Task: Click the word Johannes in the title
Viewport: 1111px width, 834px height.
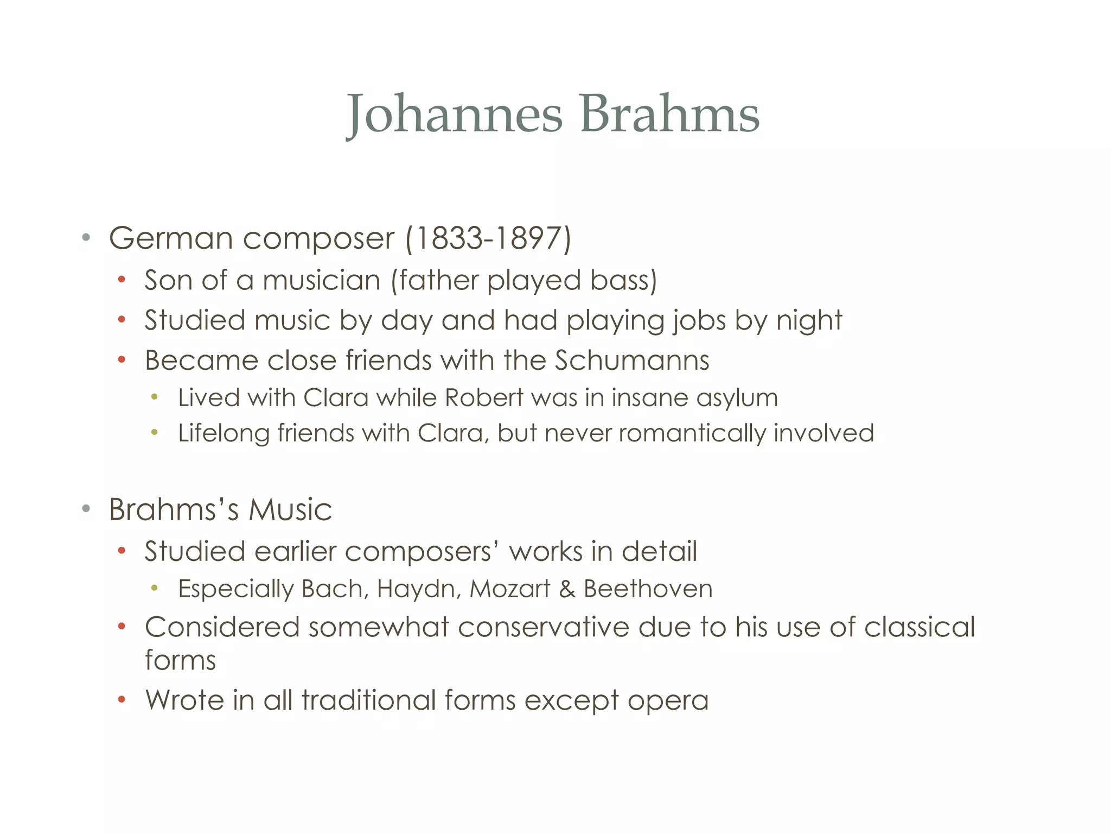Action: coord(455,114)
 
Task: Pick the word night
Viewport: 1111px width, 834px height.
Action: coord(809,320)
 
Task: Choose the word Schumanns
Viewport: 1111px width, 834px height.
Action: coord(632,361)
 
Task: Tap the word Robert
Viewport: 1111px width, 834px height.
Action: coord(484,398)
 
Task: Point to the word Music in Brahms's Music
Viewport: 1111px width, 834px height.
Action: coord(290,510)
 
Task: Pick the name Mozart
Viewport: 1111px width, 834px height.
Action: coord(510,589)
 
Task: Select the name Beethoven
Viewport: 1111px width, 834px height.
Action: coord(648,589)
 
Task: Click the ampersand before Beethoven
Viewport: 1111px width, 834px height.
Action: coord(567,589)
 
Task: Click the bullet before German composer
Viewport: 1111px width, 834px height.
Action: coord(86,238)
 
